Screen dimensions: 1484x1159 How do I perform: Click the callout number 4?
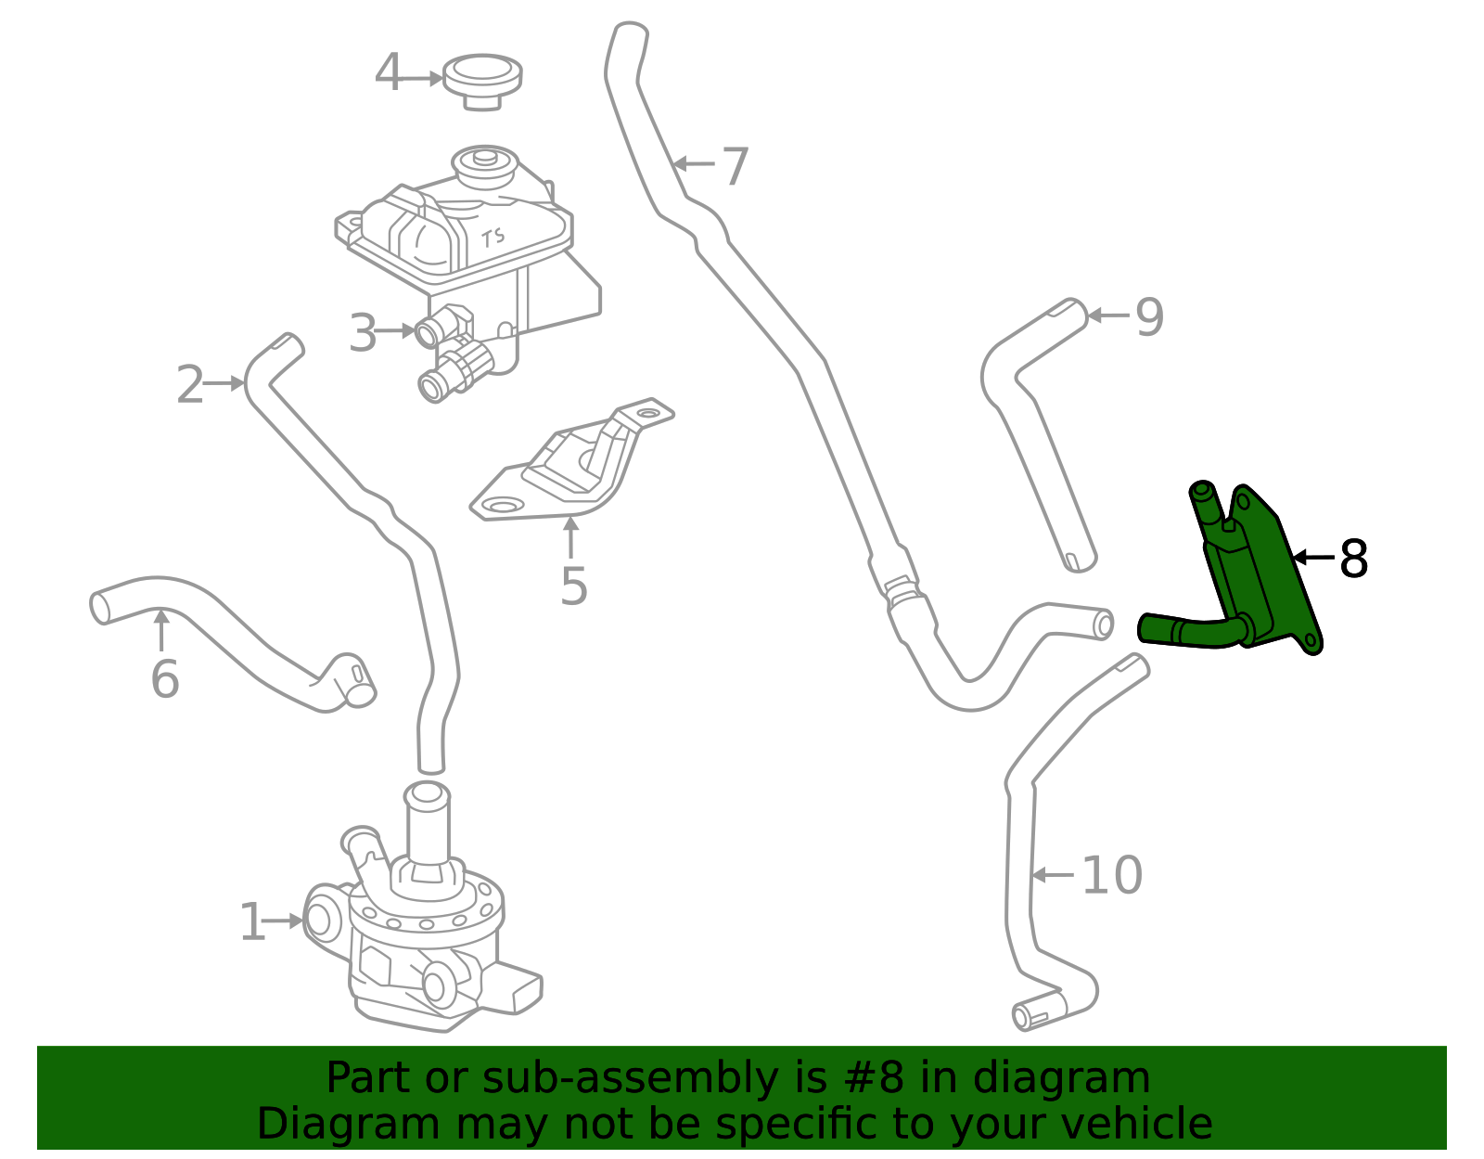388,72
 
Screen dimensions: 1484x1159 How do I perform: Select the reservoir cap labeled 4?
482,82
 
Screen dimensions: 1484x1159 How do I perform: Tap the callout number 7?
735,166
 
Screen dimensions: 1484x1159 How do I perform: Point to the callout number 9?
1149,317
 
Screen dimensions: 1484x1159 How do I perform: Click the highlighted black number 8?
1353,558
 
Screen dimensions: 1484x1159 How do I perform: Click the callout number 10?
1112,875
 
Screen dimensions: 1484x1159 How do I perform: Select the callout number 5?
573,586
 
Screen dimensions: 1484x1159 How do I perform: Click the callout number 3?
363,332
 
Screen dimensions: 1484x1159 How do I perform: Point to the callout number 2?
190,384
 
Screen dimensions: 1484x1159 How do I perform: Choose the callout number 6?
164,679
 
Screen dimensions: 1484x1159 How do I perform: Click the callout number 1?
252,921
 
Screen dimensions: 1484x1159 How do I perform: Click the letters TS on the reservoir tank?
493,237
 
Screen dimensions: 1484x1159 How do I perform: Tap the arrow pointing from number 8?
1314,558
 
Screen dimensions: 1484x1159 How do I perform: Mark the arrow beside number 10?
1053,874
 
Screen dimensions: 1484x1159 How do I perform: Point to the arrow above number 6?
161,630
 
